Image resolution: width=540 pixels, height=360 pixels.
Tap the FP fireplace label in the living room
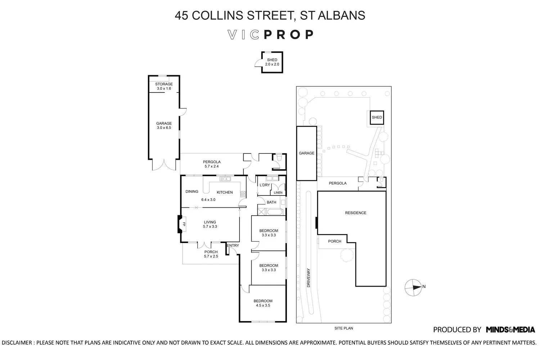184,224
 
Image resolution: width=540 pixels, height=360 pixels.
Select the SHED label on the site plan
377,117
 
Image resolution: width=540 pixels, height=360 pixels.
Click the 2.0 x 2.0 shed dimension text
272,64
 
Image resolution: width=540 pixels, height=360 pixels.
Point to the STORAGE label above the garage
164,84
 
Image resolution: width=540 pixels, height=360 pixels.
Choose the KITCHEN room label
225,192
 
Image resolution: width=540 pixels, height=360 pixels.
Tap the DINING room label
192,192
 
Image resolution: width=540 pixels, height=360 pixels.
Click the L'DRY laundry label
265,185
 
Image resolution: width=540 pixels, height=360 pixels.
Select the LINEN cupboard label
278,193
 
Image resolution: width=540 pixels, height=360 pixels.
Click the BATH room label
271,202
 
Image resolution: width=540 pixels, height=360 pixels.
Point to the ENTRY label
233,246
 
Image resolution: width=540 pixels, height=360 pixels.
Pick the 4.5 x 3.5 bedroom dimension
263,305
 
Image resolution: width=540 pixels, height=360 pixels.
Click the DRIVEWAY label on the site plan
309,278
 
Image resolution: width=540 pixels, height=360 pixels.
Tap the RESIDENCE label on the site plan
355,213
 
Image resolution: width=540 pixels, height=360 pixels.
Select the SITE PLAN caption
343,328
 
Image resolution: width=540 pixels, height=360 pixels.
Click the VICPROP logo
271,35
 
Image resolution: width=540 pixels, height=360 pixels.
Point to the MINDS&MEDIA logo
510,329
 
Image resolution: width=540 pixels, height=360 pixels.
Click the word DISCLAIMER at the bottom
17,342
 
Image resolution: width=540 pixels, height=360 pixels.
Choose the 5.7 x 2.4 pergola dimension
211,166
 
